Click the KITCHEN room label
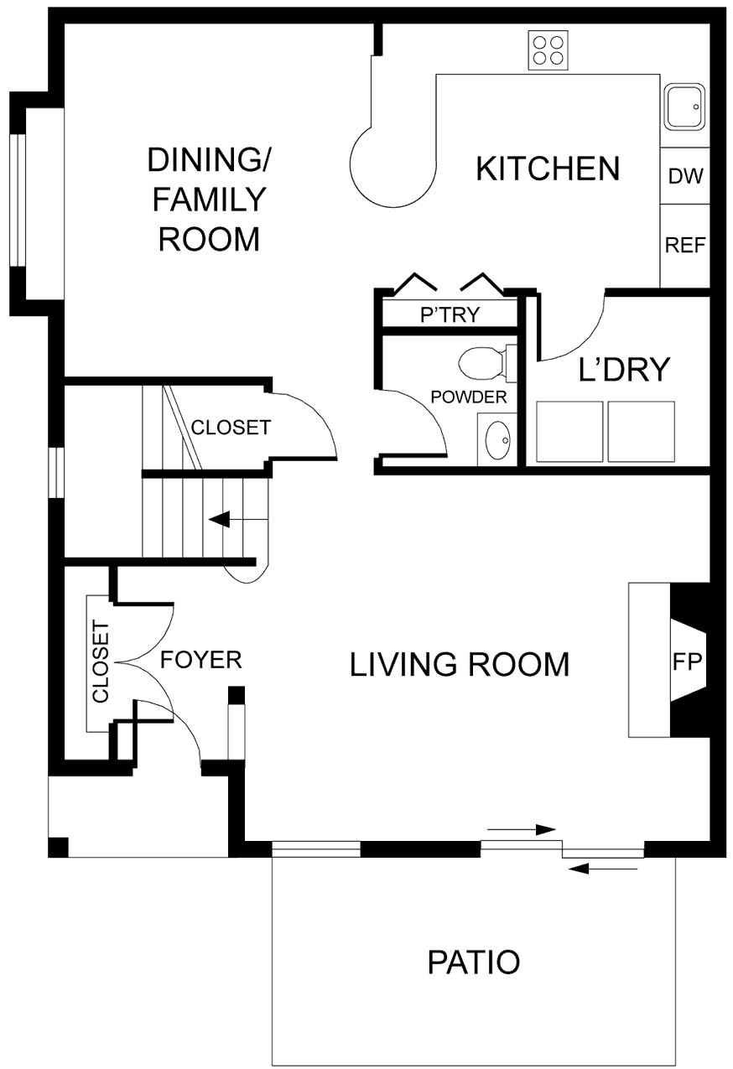tap(548, 169)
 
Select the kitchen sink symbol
tap(685, 107)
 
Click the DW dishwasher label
tap(685, 177)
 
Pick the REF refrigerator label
tap(685, 246)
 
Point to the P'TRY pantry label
tap(450, 315)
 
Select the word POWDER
tap(469, 397)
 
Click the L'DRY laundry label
tap(625, 369)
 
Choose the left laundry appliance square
tap(569, 432)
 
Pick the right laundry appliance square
tap(641, 432)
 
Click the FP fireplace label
tap(686, 662)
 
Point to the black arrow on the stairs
tap(221, 520)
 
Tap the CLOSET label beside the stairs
tap(231, 428)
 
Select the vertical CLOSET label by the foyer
tap(101, 662)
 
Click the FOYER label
tap(201, 660)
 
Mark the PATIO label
tap(474, 962)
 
